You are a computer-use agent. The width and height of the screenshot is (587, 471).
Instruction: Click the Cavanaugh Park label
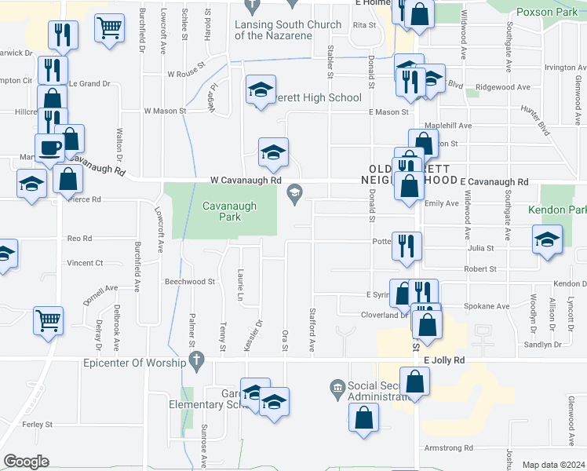220,212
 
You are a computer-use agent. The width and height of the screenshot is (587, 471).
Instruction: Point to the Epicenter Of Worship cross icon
197,362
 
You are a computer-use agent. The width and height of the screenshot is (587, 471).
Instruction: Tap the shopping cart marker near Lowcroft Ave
109,28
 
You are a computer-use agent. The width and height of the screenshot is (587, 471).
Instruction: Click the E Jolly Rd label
444,360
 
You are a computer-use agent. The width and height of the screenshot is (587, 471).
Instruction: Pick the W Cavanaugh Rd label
246,180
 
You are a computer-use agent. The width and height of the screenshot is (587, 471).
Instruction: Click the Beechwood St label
189,281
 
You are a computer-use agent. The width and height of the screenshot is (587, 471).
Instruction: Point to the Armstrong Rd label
447,448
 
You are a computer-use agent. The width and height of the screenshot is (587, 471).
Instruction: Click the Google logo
26,462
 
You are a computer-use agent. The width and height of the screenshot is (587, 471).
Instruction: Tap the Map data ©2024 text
554,465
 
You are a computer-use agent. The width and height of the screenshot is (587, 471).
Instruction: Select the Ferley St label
38,424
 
